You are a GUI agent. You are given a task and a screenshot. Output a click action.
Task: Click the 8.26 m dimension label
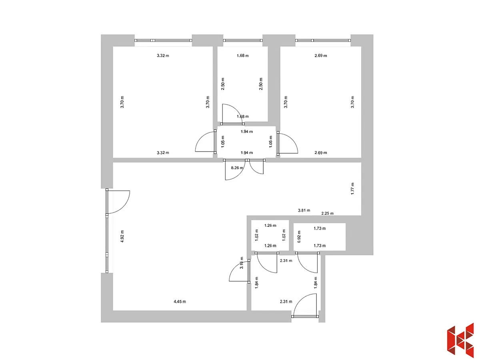click(x=237, y=168)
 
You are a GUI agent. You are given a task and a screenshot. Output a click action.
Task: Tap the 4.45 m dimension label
click(x=180, y=302)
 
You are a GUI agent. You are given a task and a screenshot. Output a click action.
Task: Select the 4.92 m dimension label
click(x=122, y=236)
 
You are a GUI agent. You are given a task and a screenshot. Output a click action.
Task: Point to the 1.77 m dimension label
click(x=352, y=189)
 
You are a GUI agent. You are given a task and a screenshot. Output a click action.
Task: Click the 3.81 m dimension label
click(x=304, y=210)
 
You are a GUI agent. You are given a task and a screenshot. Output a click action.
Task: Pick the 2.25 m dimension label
click(x=327, y=213)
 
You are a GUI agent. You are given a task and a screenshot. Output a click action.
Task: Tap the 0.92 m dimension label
click(x=299, y=236)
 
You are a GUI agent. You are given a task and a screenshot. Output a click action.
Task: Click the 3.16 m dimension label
click(x=242, y=263)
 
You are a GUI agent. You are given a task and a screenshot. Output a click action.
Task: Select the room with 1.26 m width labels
click(x=270, y=236)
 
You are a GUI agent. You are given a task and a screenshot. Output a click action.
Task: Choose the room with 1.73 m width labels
click(x=320, y=237)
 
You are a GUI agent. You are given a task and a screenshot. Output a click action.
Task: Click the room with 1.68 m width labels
click(x=242, y=84)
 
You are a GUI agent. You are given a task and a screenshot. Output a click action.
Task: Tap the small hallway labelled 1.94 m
click(x=246, y=142)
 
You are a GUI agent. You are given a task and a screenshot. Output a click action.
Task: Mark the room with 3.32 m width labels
click(x=163, y=102)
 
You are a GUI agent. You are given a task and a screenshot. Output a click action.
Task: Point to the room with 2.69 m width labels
click(x=320, y=102)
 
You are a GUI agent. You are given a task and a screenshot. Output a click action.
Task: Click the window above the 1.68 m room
click(x=243, y=40)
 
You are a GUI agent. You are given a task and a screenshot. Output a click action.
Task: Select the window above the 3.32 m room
click(x=163, y=40)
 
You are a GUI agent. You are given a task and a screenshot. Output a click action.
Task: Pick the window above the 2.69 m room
click(x=323, y=40)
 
